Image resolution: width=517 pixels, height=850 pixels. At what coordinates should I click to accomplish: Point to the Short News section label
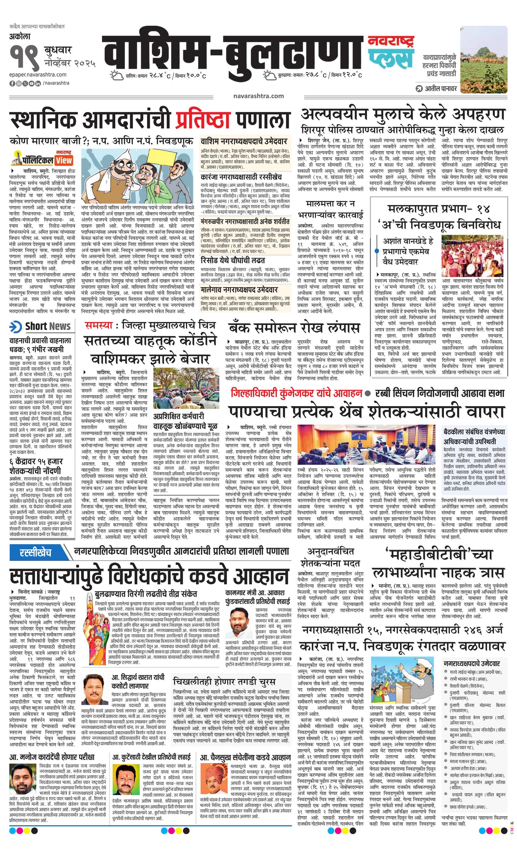[x=40, y=326]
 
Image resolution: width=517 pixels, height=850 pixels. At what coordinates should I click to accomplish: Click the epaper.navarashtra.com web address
[x=38, y=74]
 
